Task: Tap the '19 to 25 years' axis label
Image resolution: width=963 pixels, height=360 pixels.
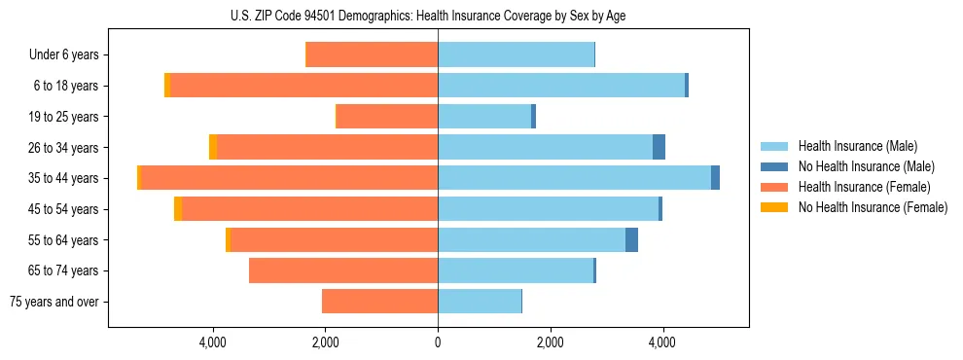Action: [x=64, y=117]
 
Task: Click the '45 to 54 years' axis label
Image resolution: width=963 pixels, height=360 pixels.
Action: [x=64, y=209]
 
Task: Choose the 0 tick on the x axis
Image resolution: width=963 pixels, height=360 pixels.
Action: [x=438, y=342]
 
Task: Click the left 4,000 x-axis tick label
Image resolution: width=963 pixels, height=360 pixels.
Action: [x=212, y=342]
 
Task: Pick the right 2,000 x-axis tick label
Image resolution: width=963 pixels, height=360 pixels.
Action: [x=550, y=342]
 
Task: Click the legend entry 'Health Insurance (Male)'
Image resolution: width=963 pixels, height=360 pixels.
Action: [x=857, y=146]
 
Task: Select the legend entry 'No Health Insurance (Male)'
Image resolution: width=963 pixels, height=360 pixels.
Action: [x=866, y=166]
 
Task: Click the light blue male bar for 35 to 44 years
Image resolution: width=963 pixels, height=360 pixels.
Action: [x=574, y=178]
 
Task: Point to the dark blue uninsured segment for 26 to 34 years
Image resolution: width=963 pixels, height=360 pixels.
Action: [x=659, y=147]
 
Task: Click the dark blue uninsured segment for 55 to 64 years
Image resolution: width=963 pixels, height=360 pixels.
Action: [x=631, y=239]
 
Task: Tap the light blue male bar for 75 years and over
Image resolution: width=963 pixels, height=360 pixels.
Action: [x=480, y=302]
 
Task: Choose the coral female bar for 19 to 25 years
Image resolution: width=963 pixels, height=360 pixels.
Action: [x=387, y=117]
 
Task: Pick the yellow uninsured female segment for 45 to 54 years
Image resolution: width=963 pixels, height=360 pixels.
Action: [x=178, y=209]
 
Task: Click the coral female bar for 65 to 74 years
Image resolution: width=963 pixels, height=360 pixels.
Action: [x=343, y=270]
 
